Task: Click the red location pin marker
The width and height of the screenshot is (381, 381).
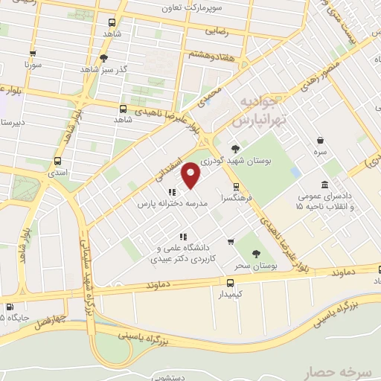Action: (x=192, y=176)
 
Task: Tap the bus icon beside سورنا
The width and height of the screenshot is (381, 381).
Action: (x=32, y=53)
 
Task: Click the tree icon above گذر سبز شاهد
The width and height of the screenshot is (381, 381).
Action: (x=104, y=58)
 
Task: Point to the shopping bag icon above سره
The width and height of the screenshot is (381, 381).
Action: (x=320, y=140)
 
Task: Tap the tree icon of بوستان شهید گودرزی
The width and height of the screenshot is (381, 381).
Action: (x=235, y=148)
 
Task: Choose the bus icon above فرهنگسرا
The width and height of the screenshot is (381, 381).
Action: (x=236, y=187)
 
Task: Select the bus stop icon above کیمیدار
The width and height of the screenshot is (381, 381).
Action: (x=230, y=283)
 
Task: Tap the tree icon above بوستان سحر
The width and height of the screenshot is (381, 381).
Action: (x=257, y=254)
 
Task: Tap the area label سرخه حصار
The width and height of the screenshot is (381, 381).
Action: (x=336, y=370)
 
